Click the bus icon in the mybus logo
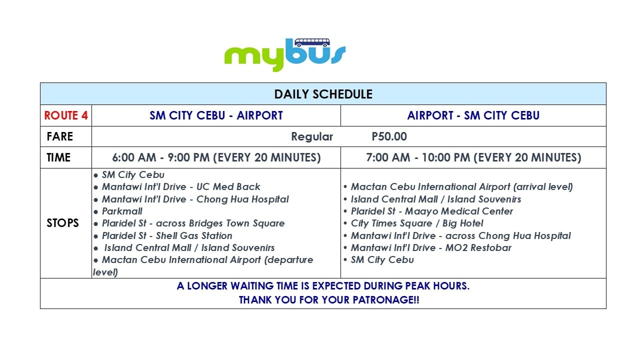click(312, 42)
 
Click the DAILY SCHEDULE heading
click(323, 94)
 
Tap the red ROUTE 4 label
click(66, 115)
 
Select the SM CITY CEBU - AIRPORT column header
click(216, 115)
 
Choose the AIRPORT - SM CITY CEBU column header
click(473, 115)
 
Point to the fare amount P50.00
click(389, 136)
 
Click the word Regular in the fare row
click(312, 137)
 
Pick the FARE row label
click(60, 136)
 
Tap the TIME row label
click(58, 157)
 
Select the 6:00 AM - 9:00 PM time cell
click(216, 157)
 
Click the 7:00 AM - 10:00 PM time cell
click(473, 157)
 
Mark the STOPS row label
click(62, 223)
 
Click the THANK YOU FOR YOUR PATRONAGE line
click(329, 299)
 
